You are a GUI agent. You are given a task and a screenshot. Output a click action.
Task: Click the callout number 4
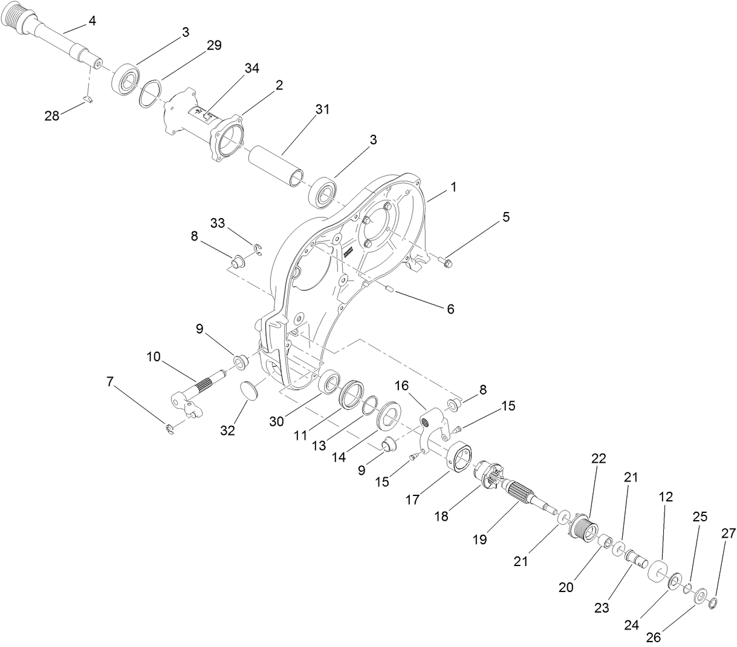[x=92, y=21]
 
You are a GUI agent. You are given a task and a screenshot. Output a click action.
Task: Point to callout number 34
[x=252, y=68]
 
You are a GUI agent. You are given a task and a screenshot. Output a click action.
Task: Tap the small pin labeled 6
[x=388, y=289]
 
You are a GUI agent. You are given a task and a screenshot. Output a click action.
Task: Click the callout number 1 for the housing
[x=453, y=187]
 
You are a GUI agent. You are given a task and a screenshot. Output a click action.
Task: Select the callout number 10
[x=153, y=358]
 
